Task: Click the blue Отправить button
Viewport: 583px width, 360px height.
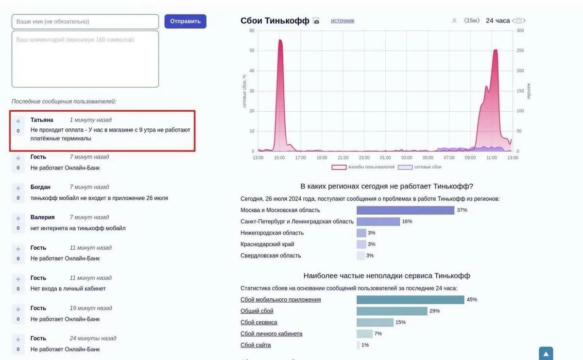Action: pos(185,21)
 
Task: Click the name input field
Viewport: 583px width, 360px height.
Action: pos(85,21)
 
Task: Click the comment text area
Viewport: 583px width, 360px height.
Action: pos(85,59)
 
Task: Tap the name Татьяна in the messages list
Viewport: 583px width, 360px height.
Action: pos(42,120)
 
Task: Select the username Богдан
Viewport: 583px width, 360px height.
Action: pos(40,187)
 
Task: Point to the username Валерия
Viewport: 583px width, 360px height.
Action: pos(42,217)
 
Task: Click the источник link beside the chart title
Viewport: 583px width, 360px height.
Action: pos(343,21)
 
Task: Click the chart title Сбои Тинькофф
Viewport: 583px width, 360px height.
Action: pos(274,21)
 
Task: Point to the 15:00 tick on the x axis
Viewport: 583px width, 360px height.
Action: pos(279,157)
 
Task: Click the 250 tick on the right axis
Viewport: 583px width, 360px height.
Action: pos(520,51)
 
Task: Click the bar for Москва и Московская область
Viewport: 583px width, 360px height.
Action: pos(405,210)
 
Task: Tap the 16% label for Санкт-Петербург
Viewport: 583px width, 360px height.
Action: pos(407,222)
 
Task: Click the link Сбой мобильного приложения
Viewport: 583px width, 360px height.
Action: pos(280,300)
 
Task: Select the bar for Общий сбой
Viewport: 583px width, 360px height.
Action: pos(392,311)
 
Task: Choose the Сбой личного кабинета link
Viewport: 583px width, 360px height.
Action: pos(271,334)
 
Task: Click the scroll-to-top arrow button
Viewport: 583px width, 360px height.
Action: pos(546,354)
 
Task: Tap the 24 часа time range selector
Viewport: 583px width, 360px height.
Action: pos(497,21)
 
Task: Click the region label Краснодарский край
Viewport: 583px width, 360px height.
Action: pos(267,244)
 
